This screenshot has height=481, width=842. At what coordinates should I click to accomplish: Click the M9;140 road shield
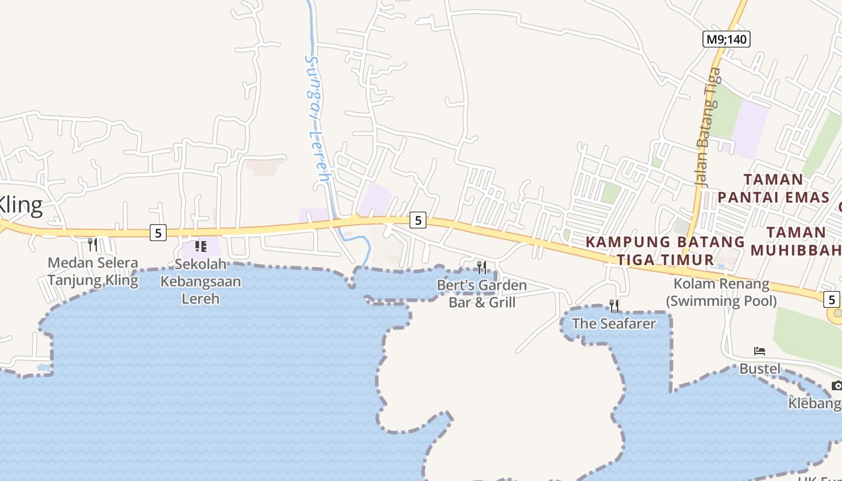[726, 40]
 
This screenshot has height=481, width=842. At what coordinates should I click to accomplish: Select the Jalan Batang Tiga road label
[707, 126]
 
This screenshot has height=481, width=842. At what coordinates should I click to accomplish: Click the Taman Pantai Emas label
[773, 188]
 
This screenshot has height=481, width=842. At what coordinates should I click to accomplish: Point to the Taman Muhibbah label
[803, 241]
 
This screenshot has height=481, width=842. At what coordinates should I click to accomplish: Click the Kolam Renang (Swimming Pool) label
[721, 292]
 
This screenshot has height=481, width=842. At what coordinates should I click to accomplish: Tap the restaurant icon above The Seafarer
[613, 306]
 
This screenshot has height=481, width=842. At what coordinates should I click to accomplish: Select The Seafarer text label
[613, 323]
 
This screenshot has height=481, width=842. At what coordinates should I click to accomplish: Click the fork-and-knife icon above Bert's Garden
[482, 268]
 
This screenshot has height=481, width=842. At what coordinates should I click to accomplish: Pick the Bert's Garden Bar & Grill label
[482, 293]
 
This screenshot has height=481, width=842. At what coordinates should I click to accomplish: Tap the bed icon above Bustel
[760, 351]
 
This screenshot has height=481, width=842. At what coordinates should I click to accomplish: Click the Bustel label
[760, 369]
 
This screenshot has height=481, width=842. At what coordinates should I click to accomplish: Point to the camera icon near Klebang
[837, 385]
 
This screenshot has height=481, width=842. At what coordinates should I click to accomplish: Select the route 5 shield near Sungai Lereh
[417, 221]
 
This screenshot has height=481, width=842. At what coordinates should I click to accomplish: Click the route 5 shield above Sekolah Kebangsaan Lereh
[158, 233]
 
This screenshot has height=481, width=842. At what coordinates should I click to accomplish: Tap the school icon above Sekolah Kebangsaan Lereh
[200, 246]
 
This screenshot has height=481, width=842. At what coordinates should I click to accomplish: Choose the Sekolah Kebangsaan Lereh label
[200, 281]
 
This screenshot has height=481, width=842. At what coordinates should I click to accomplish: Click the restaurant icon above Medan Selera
[93, 245]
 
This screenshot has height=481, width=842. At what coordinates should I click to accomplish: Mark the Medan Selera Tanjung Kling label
[93, 272]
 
